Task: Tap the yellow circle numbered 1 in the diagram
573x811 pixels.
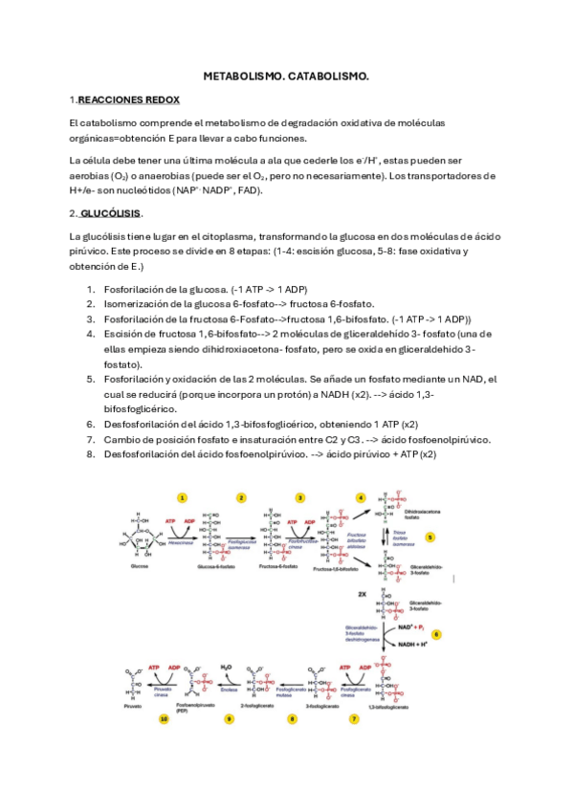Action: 183,497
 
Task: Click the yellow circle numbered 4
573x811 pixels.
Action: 361,497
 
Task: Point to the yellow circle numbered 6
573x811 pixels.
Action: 437,634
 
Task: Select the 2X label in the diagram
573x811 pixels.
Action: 363,594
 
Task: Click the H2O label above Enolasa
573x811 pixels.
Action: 227,667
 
